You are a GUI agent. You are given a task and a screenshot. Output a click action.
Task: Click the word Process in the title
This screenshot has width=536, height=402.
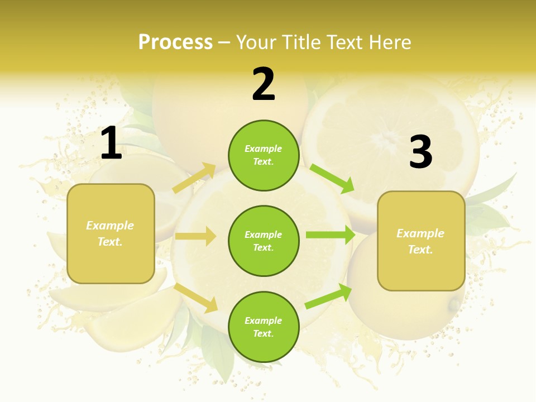pyautogui.click(x=175, y=42)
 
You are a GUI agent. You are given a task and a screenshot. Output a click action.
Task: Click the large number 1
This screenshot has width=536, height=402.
pyautogui.click(x=111, y=143)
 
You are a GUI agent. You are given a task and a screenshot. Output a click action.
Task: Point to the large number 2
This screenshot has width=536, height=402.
pyautogui.click(x=264, y=84)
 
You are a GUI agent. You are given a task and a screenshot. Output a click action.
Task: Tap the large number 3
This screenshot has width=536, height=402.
pyautogui.click(x=420, y=152)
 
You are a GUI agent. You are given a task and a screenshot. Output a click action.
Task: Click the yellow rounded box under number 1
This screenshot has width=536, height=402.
pyautogui.click(x=111, y=233)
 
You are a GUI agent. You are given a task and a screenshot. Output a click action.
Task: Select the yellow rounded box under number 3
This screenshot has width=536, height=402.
pyautogui.click(x=421, y=241)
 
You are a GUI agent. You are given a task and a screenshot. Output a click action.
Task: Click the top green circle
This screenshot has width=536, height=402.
pyautogui.click(x=264, y=155)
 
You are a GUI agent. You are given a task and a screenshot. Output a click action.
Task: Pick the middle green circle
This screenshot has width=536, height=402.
pyautogui.click(x=264, y=241)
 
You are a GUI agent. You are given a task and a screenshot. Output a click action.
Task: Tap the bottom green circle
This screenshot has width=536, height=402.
pyautogui.click(x=264, y=327)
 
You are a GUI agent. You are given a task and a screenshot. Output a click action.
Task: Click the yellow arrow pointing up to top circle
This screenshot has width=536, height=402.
pyautogui.click(x=194, y=178)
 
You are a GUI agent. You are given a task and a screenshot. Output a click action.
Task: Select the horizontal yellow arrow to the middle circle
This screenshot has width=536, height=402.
pyautogui.click(x=195, y=236)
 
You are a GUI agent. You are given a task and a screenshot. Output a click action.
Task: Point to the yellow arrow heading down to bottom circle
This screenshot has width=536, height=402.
pyautogui.click(x=196, y=298)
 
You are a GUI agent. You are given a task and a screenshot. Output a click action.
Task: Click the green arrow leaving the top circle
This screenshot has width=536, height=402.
pyautogui.click(x=332, y=178)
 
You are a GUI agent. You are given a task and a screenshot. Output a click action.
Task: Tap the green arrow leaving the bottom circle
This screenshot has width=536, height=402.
pyautogui.click(x=329, y=296)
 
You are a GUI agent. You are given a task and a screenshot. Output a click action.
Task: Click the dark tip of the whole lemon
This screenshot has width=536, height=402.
pyautogui.click(x=454, y=305)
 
